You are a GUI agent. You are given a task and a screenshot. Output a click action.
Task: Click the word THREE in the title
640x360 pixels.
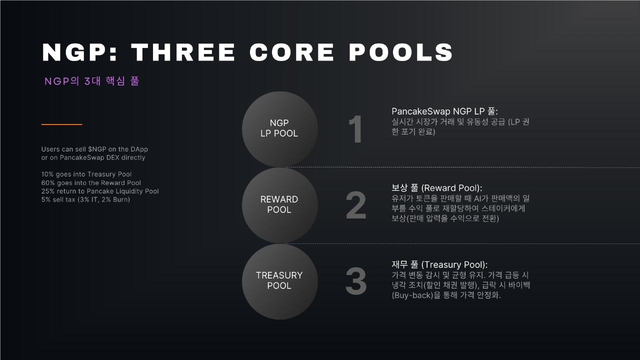click(183, 52)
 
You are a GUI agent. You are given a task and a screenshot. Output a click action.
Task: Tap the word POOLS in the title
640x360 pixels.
click(400, 52)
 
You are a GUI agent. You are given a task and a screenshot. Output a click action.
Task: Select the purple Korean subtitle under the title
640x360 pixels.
click(91, 81)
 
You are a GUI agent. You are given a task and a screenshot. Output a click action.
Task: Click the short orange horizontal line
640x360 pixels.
click(61, 124)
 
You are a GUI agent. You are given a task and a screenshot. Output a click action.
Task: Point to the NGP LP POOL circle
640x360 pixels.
click(279, 129)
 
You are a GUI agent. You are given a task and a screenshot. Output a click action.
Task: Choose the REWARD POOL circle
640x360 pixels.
click(279, 205)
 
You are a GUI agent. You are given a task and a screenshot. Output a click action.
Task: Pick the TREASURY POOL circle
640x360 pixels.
click(279, 281)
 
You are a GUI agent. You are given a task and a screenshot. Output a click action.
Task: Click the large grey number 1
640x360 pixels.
click(355, 129)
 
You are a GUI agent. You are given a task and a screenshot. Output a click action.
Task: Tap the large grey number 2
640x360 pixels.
click(355, 205)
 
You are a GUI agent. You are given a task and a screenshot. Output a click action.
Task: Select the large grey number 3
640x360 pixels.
click(355, 281)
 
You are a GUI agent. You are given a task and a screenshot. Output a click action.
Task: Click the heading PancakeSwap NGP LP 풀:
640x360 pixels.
click(444, 111)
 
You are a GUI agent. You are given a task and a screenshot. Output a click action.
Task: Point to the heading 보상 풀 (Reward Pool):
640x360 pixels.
click(437, 187)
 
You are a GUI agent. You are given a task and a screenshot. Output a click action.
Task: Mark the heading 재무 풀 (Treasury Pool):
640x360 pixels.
click(439, 264)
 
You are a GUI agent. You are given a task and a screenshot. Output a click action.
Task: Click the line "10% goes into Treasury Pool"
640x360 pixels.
click(86, 174)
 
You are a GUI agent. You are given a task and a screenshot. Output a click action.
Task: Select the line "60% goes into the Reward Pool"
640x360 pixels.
click(91, 183)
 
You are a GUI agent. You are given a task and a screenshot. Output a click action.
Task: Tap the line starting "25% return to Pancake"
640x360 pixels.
click(100, 191)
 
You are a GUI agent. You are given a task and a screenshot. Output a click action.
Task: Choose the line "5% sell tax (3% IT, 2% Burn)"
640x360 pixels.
click(85, 199)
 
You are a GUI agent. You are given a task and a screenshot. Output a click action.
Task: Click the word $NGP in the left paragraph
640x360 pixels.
click(97, 149)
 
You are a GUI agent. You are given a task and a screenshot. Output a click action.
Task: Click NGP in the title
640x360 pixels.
click(79, 52)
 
